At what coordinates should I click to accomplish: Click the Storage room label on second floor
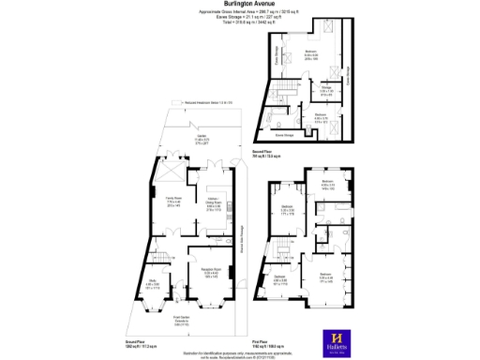click(x=327, y=89)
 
